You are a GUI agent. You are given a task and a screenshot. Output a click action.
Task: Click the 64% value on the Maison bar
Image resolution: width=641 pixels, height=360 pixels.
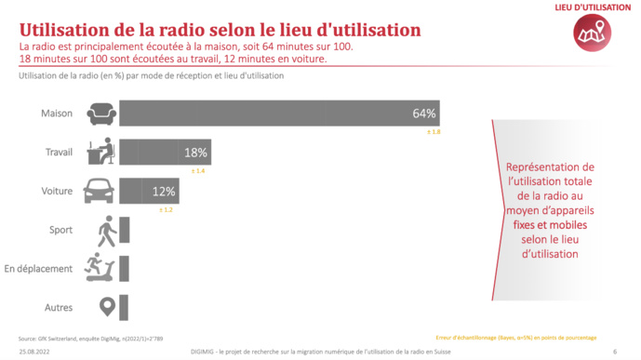point(424,113)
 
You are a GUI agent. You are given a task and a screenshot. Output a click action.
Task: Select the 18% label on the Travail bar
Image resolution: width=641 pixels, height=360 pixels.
point(196,153)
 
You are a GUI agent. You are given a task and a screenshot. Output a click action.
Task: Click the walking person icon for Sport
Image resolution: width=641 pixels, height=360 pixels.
point(105,230)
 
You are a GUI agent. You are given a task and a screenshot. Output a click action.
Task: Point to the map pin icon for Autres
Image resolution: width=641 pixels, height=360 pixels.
point(106,306)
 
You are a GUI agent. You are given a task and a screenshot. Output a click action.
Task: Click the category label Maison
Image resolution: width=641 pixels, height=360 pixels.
point(57,114)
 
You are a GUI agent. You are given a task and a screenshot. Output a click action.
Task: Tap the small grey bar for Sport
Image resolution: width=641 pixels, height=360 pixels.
point(125,230)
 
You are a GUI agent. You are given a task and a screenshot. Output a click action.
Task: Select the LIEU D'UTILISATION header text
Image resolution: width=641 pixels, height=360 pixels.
point(591,7)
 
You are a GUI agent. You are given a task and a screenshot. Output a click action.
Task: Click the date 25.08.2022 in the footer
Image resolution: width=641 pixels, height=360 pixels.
point(35,352)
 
